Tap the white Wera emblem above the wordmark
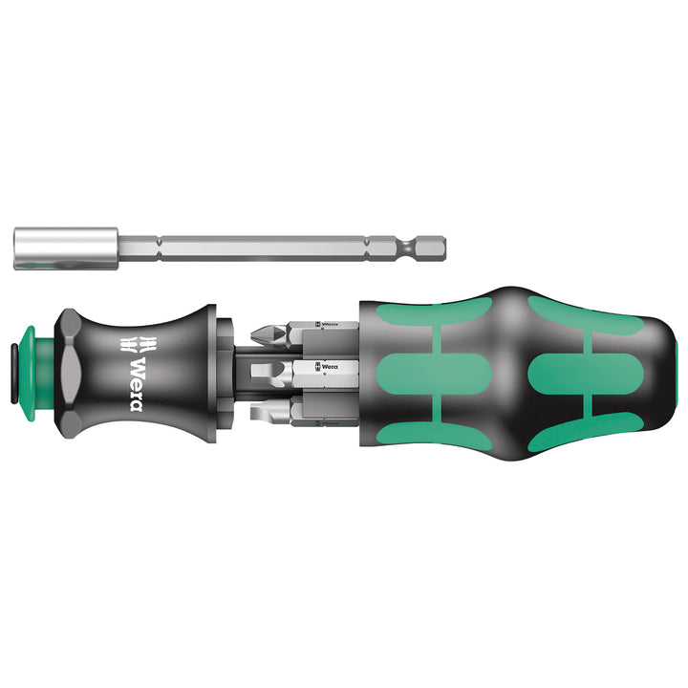(x=135, y=347)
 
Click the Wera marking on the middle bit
(x=328, y=367)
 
